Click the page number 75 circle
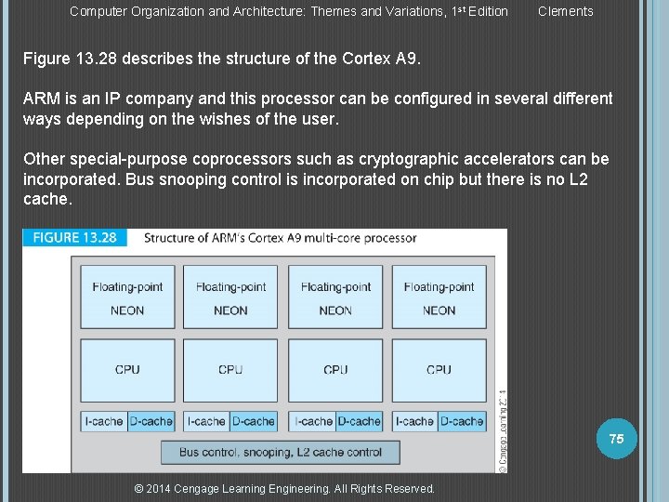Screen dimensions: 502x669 click(616, 438)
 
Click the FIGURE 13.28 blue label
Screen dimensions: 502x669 click(74, 237)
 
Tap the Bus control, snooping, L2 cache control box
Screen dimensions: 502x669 click(280, 452)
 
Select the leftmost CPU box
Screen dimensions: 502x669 click(127, 369)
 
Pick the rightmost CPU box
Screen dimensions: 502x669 click(439, 369)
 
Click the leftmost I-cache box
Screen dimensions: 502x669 click(103, 421)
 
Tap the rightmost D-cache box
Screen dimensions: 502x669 click(462, 421)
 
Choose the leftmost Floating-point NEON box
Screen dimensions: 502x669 click(127, 297)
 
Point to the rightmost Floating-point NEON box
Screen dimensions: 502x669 click(439, 297)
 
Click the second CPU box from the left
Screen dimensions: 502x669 click(230, 369)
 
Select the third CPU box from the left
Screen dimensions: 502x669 click(335, 369)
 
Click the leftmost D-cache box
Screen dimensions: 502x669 click(151, 421)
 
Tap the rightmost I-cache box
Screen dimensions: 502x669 click(414, 421)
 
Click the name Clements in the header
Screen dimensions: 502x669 click(565, 11)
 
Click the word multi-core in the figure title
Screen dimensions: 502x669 click(338, 238)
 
